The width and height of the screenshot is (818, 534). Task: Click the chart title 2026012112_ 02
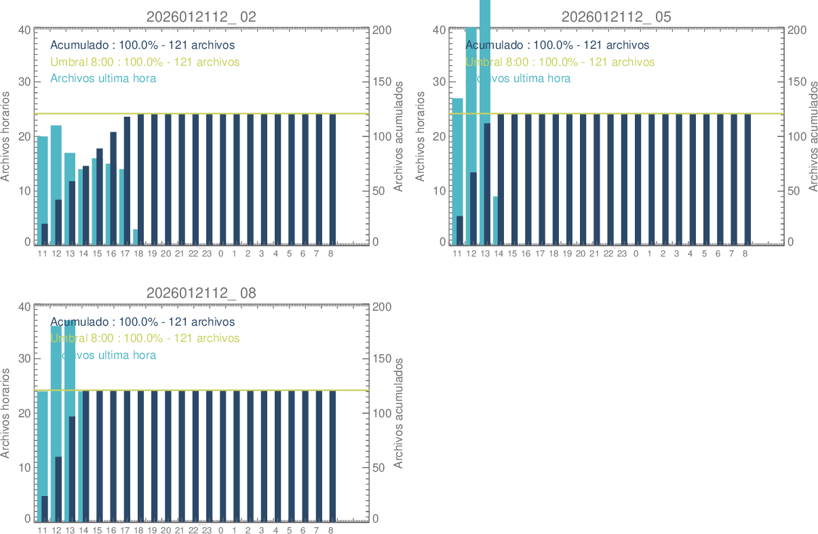tap(201, 17)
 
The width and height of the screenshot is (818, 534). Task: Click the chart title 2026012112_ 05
tap(616, 17)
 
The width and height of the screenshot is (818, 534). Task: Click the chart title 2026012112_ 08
tap(201, 293)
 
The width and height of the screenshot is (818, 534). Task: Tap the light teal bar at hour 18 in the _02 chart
tap(135, 237)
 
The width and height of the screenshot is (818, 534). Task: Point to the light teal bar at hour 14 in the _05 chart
tap(495, 221)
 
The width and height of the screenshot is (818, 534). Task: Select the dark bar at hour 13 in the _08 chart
tap(72, 468)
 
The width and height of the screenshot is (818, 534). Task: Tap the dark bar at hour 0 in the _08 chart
tap(222, 455)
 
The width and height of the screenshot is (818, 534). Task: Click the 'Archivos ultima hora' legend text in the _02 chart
tap(103, 78)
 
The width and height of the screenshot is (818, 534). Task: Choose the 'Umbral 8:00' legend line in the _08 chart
tap(145, 338)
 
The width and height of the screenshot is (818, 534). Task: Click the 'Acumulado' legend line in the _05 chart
tap(557, 45)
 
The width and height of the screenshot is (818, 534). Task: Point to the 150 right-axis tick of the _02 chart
tap(381, 82)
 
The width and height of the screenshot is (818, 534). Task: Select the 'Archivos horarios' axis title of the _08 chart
tap(6, 413)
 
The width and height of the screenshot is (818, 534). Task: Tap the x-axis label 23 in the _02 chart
tap(207, 254)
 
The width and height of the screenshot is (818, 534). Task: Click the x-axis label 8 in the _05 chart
tap(745, 254)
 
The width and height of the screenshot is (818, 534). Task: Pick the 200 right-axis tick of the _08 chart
tap(381, 307)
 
